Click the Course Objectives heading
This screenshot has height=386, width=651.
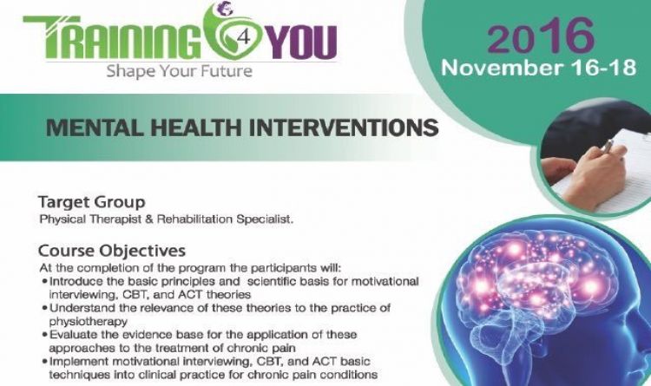pos(111,252)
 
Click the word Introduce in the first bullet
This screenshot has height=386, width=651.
pos(77,281)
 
